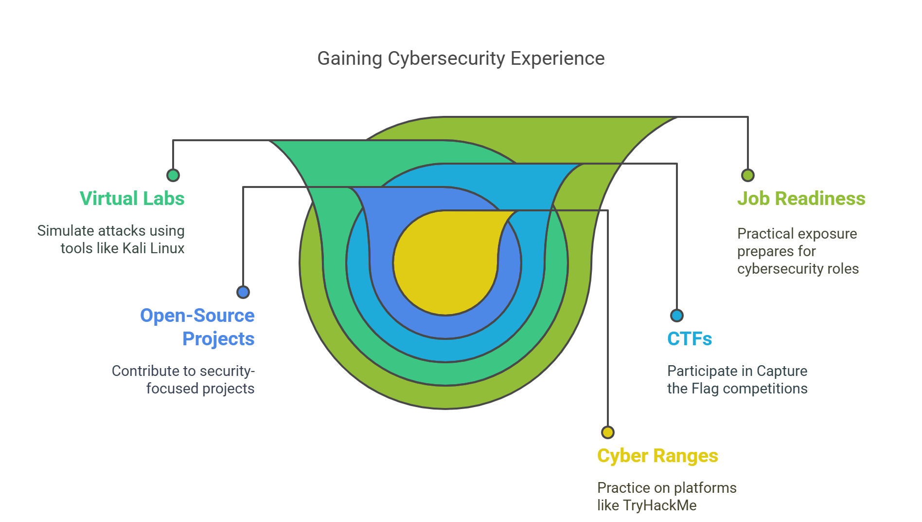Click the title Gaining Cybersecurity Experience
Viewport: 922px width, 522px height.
click(461, 58)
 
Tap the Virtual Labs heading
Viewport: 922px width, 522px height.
click(132, 199)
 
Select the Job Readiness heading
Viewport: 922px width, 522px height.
click(801, 199)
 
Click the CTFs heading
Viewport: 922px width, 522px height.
click(689, 339)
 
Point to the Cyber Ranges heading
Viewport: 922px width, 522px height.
click(657, 456)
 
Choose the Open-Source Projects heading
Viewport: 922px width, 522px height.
click(197, 327)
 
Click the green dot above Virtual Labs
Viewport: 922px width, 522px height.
click(173, 175)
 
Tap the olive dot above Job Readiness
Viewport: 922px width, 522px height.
click(747, 175)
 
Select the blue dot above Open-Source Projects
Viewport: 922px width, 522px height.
click(243, 292)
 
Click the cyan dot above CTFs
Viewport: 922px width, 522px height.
click(676, 316)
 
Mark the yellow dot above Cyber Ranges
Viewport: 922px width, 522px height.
click(607, 432)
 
